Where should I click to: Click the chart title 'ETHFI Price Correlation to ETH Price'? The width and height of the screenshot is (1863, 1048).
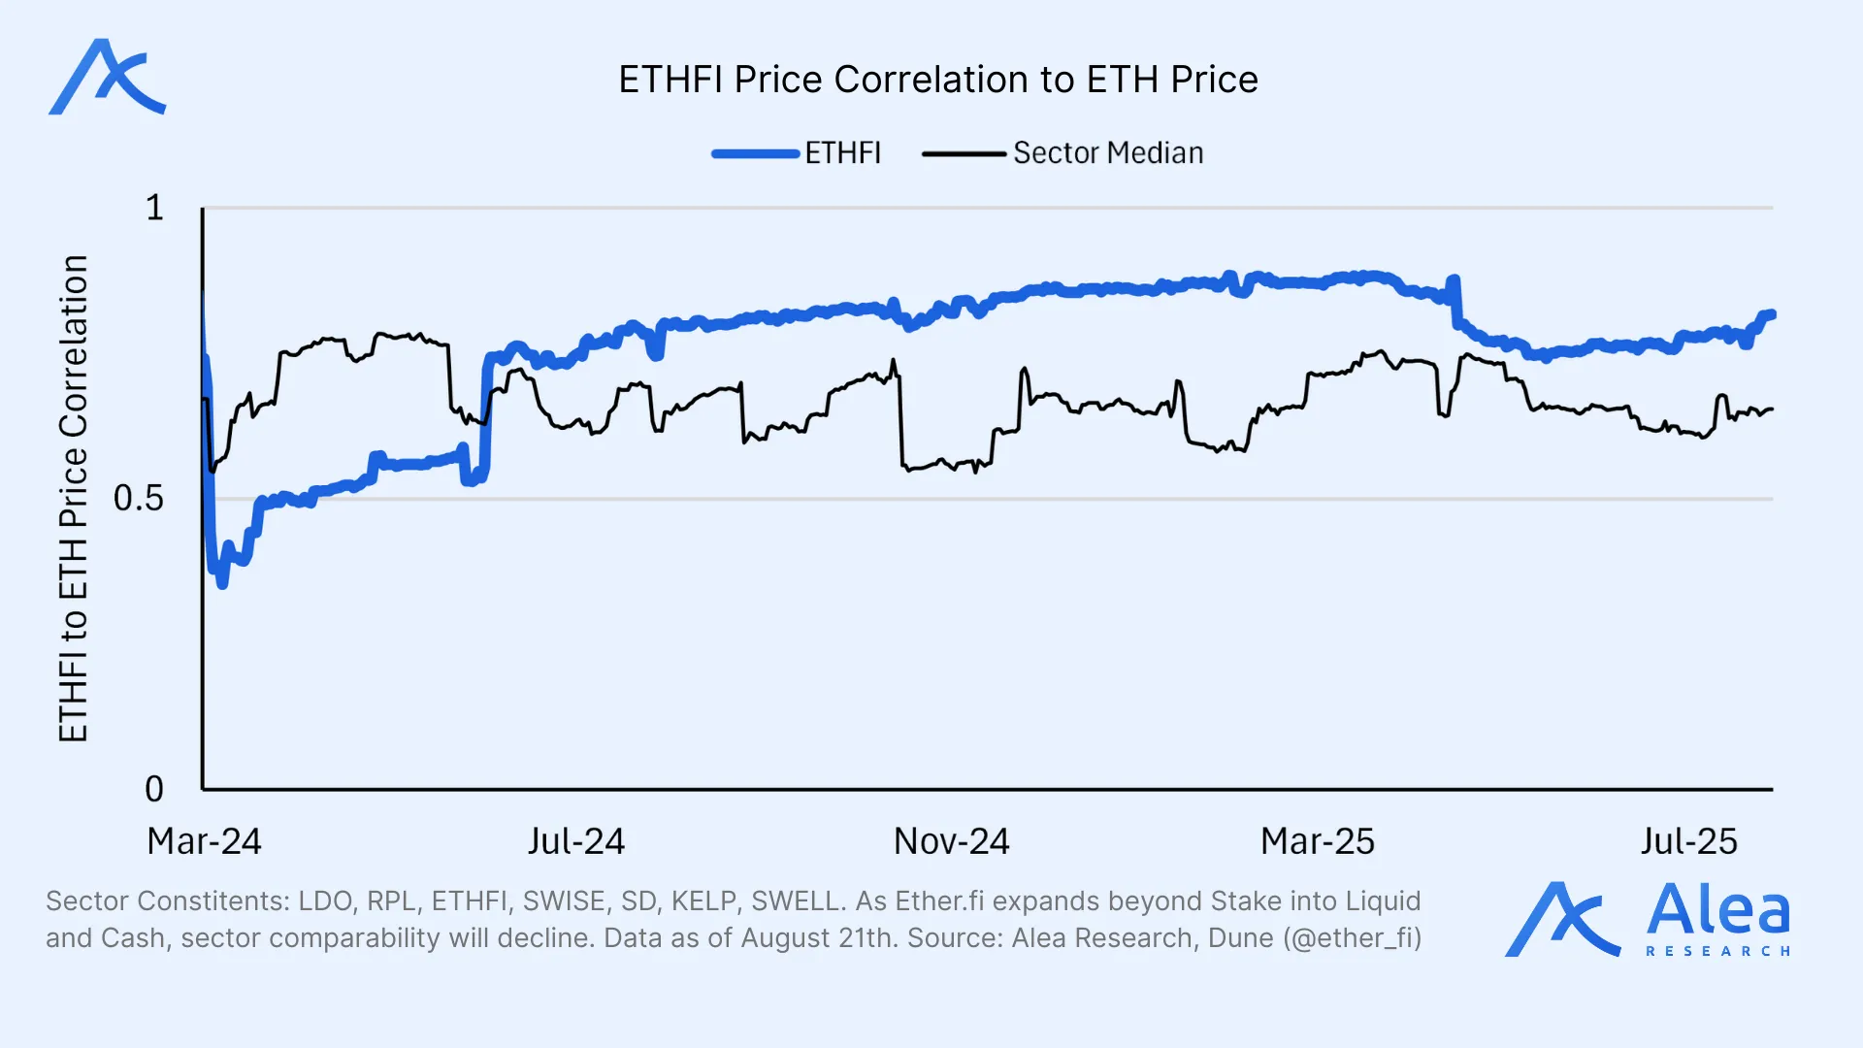(937, 80)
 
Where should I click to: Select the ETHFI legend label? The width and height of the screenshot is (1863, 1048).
(842, 153)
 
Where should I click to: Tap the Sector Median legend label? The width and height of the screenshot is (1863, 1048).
(1108, 153)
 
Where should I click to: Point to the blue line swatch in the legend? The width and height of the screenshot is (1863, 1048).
(755, 153)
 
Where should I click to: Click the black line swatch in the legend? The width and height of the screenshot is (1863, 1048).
(964, 153)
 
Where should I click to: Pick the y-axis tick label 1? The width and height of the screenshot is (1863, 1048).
(154, 208)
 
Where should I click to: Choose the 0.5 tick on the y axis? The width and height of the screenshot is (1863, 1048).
(139, 498)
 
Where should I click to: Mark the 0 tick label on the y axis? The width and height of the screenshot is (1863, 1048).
(154, 789)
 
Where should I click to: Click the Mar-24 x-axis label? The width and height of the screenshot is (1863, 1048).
(204, 841)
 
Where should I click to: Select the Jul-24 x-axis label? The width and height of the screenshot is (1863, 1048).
(576, 841)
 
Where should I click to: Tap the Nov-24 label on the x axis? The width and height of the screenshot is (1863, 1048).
(951, 841)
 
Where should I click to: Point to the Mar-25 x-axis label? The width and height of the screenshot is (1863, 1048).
(1317, 841)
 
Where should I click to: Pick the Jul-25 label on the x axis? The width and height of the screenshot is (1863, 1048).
(1688, 841)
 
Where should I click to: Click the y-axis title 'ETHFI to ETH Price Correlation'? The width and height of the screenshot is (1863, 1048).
(74, 499)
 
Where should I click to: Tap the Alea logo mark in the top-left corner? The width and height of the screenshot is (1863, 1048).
(107, 78)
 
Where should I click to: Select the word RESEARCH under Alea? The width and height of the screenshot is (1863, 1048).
(1717, 951)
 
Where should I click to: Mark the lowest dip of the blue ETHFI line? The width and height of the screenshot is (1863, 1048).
(222, 584)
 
